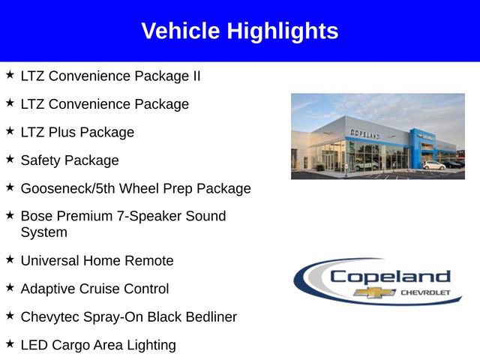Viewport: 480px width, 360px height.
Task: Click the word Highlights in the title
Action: [283, 31]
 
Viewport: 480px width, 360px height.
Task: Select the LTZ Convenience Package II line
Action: [110, 76]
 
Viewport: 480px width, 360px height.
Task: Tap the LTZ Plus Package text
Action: [77, 132]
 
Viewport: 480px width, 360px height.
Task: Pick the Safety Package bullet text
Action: [70, 160]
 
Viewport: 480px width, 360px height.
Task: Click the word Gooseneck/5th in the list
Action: [64, 188]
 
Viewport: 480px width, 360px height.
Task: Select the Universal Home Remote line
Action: [97, 260]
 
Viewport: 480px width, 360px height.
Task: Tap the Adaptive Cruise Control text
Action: [94, 289]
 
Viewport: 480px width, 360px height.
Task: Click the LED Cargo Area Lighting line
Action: [98, 345]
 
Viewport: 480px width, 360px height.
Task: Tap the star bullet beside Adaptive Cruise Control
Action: [10, 287]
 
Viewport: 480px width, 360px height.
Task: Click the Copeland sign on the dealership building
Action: [364, 133]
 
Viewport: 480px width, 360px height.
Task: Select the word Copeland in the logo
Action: [390, 276]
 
